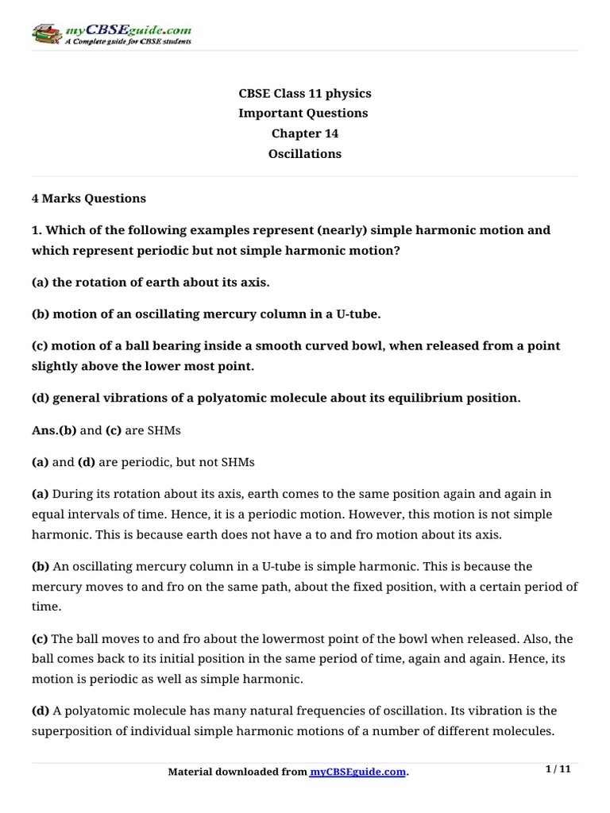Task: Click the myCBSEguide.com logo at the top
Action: pyautogui.click(x=111, y=34)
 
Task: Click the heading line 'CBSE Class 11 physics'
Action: pyautogui.click(x=304, y=94)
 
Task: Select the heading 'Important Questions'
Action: pyautogui.click(x=304, y=114)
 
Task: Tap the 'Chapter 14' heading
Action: pyautogui.click(x=304, y=133)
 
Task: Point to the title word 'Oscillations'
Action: pyautogui.click(x=304, y=154)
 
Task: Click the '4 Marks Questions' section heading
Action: pyautogui.click(x=88, y=198)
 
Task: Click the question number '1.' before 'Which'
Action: pyautogui.click(x=37, y=230)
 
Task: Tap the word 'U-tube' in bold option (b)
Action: pyautogui.click(x=357, y=314)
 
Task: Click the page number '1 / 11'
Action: pyautogui.click(x=559, y=769)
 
